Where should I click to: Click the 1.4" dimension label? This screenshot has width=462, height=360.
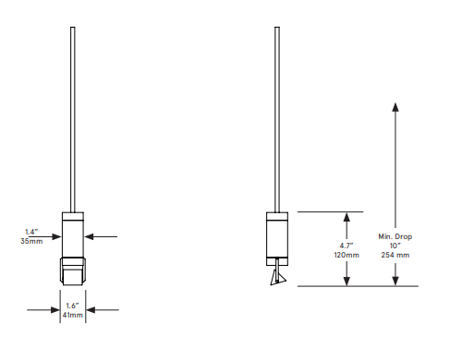click(31, 232)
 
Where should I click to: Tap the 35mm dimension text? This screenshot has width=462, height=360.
click(31, 241)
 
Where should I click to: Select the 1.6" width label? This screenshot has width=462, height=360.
click(72, 306)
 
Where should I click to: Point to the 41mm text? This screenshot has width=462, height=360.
click(73, 315)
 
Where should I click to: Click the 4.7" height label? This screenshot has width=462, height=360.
click(346, 246)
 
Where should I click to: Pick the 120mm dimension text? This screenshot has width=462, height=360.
click(346, 255)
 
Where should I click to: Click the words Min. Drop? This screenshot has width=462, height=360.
click(395, 236)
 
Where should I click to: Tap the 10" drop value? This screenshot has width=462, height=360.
click(395, 246)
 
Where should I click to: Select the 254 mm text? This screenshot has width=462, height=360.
click(395, 255)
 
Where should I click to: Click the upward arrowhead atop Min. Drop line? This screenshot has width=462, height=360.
click(395, 107)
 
